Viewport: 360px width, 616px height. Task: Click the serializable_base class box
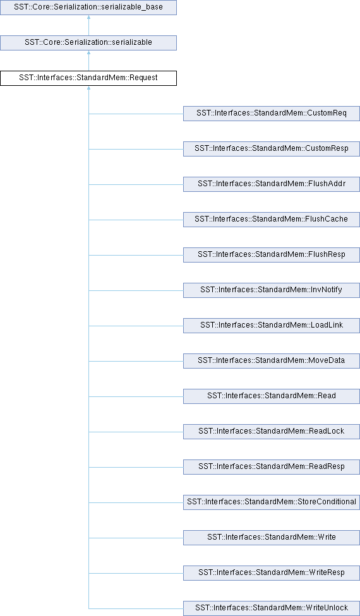(x=88, y=8)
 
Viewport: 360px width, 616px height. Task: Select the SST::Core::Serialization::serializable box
(x=88, y=42)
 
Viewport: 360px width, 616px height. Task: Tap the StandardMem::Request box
(x=88, y=78)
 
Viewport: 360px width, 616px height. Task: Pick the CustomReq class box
(x=272, y=113)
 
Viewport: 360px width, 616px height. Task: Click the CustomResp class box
(x=272, y=148)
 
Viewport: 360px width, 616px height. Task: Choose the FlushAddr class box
(x=272, y=184)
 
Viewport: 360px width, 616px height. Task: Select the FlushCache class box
(x=272, y=219)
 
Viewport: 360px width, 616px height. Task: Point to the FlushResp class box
(x=272, y=254)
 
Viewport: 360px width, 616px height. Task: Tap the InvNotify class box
(x=272, y=290)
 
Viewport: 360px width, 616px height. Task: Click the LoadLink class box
(x=272, y=325)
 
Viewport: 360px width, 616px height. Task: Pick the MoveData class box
(x=272, y=360)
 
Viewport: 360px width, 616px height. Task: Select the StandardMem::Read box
(x=272, y=396)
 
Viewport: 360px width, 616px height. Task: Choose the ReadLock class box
(x=272, y=431)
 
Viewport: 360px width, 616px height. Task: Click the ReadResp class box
(x=272, y=466)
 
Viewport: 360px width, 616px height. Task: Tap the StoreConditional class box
(x=272, y=502)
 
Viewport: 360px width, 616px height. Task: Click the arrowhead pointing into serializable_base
(x=88, y=17)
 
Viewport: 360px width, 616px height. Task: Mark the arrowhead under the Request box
(x=88, y=88)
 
